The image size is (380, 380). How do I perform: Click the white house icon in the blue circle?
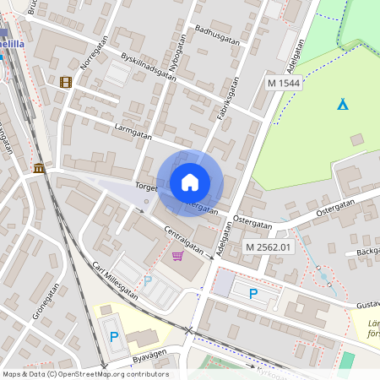190,182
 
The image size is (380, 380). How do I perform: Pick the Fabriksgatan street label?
228,97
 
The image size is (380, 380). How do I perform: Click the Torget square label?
146,187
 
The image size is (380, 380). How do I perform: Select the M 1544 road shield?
284,83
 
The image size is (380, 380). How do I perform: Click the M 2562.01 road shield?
269,247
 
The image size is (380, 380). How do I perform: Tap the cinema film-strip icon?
66,82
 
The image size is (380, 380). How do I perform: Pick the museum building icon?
39,168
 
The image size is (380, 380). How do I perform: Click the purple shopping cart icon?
177,255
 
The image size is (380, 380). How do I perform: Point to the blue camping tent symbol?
342,104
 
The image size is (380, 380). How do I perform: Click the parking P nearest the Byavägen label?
114,336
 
